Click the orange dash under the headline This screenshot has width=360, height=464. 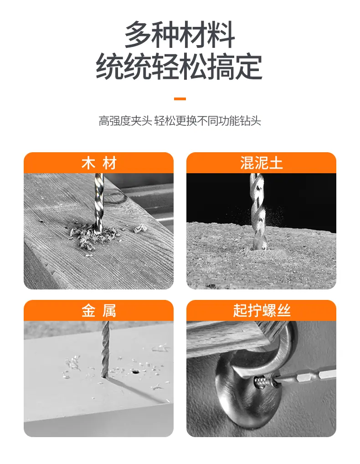[x=180, y=99]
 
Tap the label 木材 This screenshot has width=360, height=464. [x=99, y=163]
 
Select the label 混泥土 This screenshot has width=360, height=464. [x=261, y=163]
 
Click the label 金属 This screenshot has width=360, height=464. [x=99, y=311]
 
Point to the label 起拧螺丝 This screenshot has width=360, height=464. [x=262, y=311]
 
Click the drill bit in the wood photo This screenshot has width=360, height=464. [x=98, y=203]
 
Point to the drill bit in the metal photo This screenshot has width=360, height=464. [x=105, y=349]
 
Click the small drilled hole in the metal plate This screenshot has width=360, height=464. [x=135, y=371]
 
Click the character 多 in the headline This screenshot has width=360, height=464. [x=139, y=34]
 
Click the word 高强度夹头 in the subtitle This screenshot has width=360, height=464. [x=125, y=121]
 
